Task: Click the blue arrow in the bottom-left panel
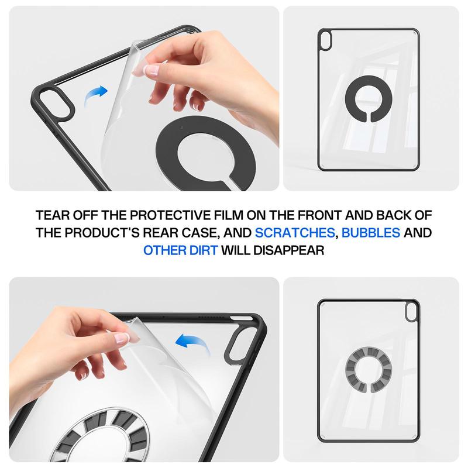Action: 195,341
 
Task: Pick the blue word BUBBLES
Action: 371,233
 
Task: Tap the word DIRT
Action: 202,250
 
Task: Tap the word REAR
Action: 163,233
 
